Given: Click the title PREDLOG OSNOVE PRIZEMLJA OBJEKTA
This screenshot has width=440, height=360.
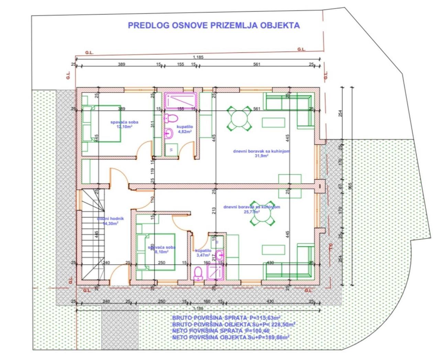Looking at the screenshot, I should click(x=213, y=25).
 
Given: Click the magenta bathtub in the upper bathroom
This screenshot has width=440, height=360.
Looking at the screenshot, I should click(x=180, y=100).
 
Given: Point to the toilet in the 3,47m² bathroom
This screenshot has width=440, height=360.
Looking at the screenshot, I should click(x=198, y=273).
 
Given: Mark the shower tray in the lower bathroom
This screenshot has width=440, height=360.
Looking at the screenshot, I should click(x=216, y=273).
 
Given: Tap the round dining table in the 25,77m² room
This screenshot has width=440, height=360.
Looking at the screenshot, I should click(x=262, y=213).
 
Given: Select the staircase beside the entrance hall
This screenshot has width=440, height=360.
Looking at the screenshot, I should click(x=92, y=237).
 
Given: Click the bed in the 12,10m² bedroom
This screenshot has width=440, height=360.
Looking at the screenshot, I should click(x=102, y=124).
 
